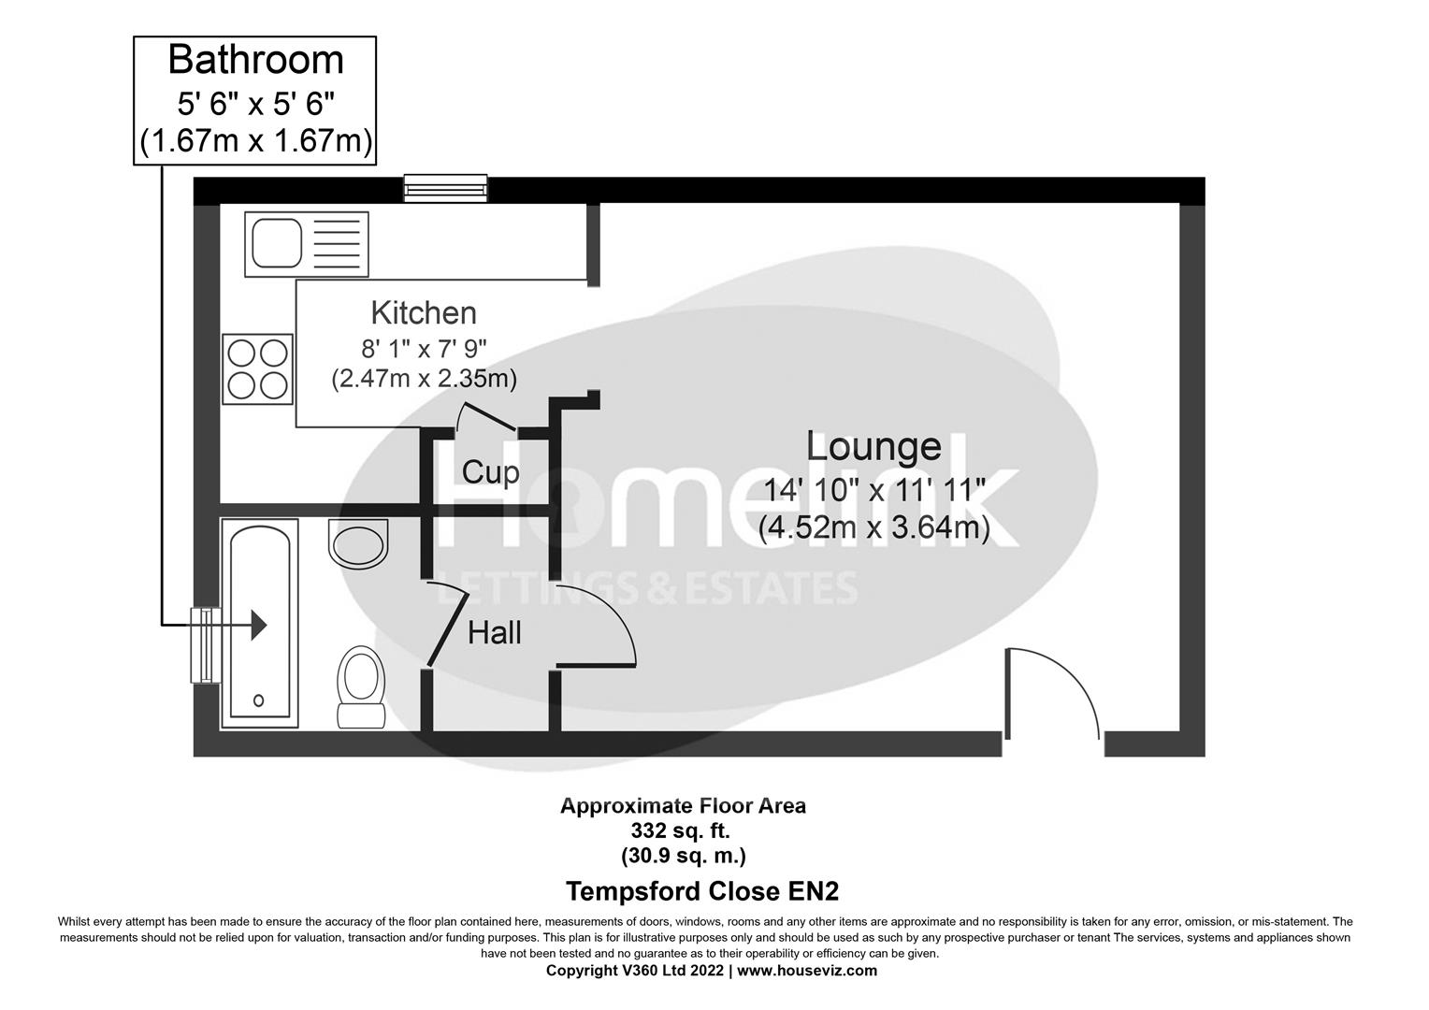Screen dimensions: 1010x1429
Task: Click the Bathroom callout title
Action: (255, 60)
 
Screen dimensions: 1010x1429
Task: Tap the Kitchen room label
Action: (424, 312)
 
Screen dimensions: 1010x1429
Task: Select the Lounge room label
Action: (873, 447)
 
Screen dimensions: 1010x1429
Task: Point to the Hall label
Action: (495, 633)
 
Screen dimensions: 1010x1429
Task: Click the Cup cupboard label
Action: (490, 471)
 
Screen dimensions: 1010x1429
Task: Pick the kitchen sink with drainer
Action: (306, 244)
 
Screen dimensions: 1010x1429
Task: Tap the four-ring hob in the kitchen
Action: (257, 369)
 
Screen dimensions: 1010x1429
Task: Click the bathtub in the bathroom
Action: (259, 624)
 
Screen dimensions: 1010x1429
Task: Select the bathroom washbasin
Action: (358, 543)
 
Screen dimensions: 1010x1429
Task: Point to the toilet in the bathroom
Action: (361, 685)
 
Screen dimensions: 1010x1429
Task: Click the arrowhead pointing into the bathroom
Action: (258, 625)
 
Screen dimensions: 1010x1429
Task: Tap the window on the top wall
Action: (445, 188)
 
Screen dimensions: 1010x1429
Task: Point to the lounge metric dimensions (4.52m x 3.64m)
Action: (873, 528)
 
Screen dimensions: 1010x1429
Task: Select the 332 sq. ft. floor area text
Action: (682, 830)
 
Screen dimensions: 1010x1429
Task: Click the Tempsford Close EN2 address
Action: (696, 890)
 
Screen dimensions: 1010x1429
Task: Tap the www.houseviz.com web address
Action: (807, 971)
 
